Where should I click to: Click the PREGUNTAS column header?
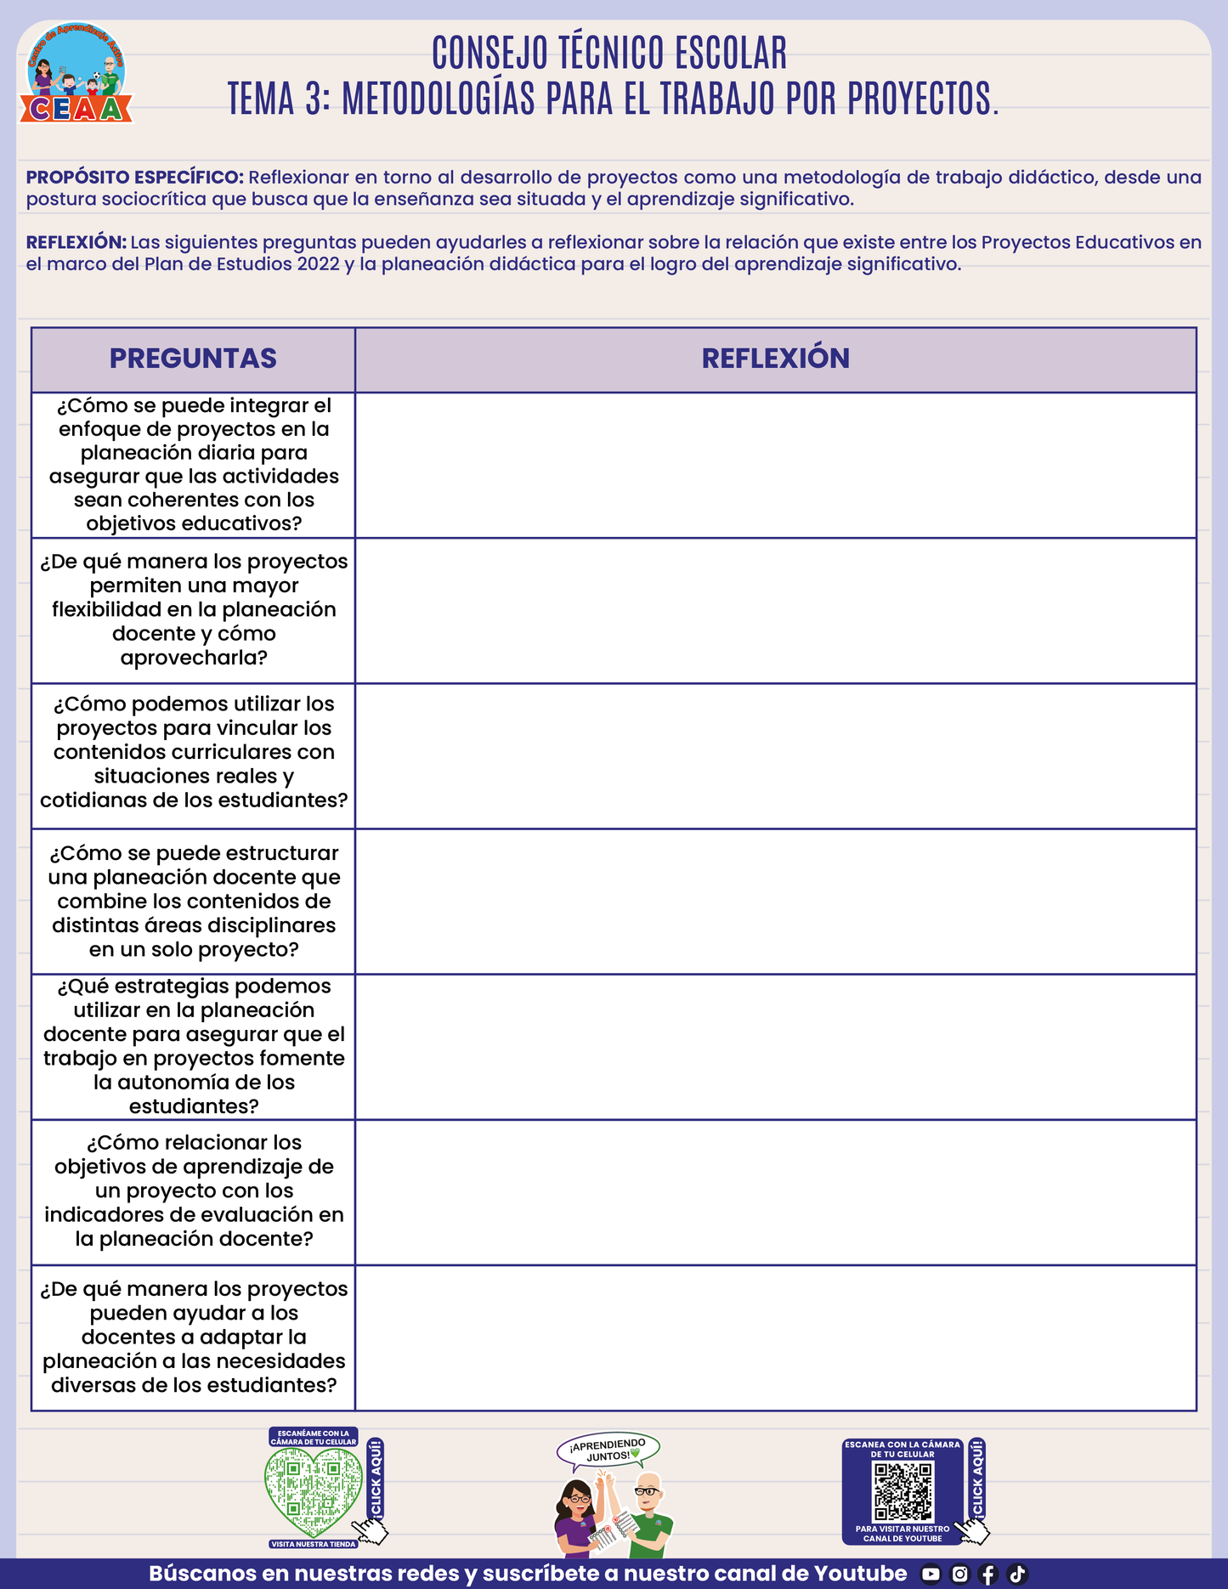point(193,359)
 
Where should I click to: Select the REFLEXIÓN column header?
point(775,359)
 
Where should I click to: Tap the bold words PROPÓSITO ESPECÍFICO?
point(135,178)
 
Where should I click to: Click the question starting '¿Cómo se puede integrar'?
point(194,464)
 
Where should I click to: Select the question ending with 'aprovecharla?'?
point(194,609)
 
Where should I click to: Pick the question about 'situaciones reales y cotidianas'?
point(194,752)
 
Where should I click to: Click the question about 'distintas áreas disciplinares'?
point(194,901)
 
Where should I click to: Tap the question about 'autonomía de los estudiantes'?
point(194,1046)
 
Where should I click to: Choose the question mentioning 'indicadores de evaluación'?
point(194,1190)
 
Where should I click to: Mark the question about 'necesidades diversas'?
point(194,1337)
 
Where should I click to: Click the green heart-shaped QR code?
point(313,1491)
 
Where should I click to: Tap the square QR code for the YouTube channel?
point(903,1491)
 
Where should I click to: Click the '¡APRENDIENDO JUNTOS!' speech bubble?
point(608,1450)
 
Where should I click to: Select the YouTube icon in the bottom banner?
point(931,1574)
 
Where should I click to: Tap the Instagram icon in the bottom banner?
point(959,1574)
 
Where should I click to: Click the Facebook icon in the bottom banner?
point(987,1574)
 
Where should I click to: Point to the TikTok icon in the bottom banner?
point(1017,1574)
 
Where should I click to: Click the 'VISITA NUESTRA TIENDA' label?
point(314,1544)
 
